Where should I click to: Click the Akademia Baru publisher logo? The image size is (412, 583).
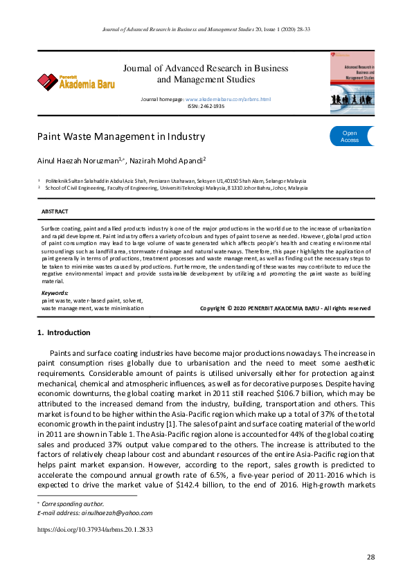pos(76,82)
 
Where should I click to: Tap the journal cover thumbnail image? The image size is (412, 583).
pos(352,83)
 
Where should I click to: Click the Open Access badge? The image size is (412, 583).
pos(350,136)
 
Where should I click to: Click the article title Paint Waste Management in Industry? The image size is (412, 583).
pos(120,136)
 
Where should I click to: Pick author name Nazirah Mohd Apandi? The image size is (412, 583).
pos(167,160)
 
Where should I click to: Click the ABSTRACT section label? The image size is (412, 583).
pos(55,210)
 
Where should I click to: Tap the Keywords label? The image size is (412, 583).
pos(55,294)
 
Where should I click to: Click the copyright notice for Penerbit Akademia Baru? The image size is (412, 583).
pos(285,308)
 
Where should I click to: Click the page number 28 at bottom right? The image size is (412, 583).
pos(370,557)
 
